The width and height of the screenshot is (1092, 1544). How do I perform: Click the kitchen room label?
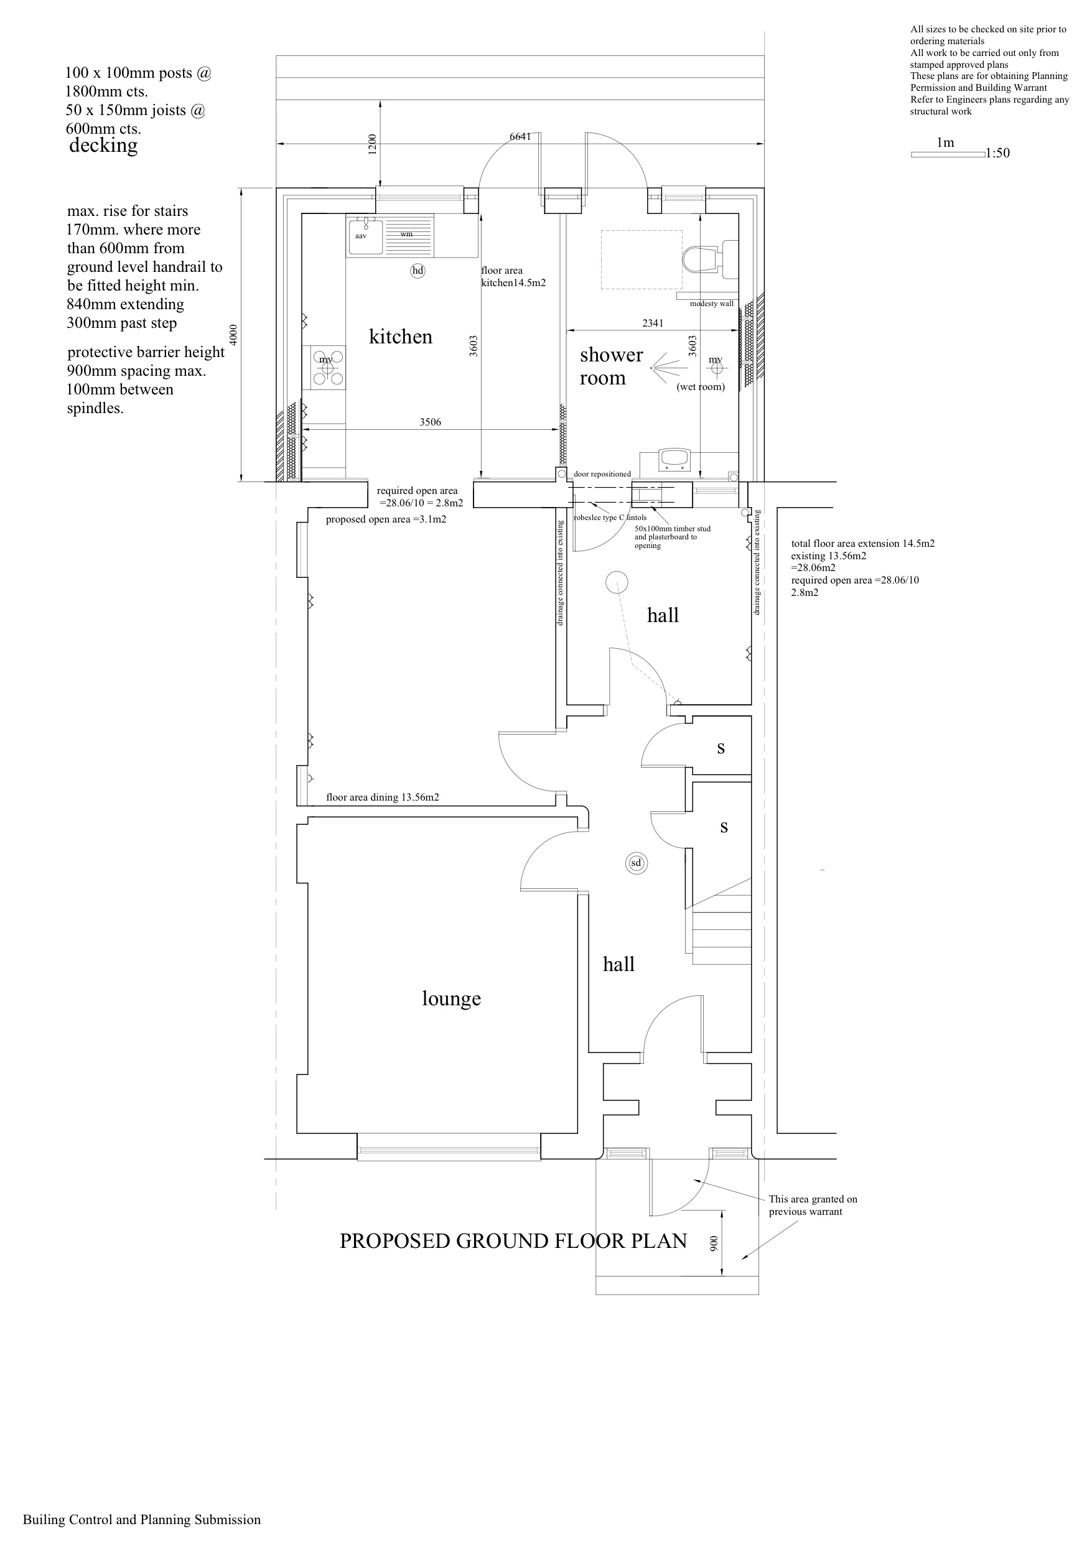click(400, 337)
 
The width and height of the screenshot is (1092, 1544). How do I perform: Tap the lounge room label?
click(452, 998)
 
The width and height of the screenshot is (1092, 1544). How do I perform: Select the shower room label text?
click(611, 366)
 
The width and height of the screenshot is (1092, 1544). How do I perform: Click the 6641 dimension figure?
click(520, 136)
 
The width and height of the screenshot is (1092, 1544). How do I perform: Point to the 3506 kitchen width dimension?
click(431, 422)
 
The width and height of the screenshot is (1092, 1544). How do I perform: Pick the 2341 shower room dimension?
click(653, 323)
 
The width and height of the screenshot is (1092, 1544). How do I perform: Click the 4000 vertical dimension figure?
click(233, 335)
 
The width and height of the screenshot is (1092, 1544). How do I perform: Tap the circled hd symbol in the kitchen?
click(418, 271)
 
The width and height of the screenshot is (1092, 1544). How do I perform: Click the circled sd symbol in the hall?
click(636, 863)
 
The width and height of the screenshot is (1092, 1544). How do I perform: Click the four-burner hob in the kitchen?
click(328, 367)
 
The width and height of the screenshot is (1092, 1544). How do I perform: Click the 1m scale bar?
click(948, 155)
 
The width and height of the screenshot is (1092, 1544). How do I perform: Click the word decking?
click(104, 146)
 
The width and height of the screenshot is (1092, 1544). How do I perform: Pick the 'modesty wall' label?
click(712, 304)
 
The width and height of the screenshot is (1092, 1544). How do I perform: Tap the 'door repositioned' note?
click(602, 474)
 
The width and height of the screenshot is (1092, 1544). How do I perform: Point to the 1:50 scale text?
click(998, 153)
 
